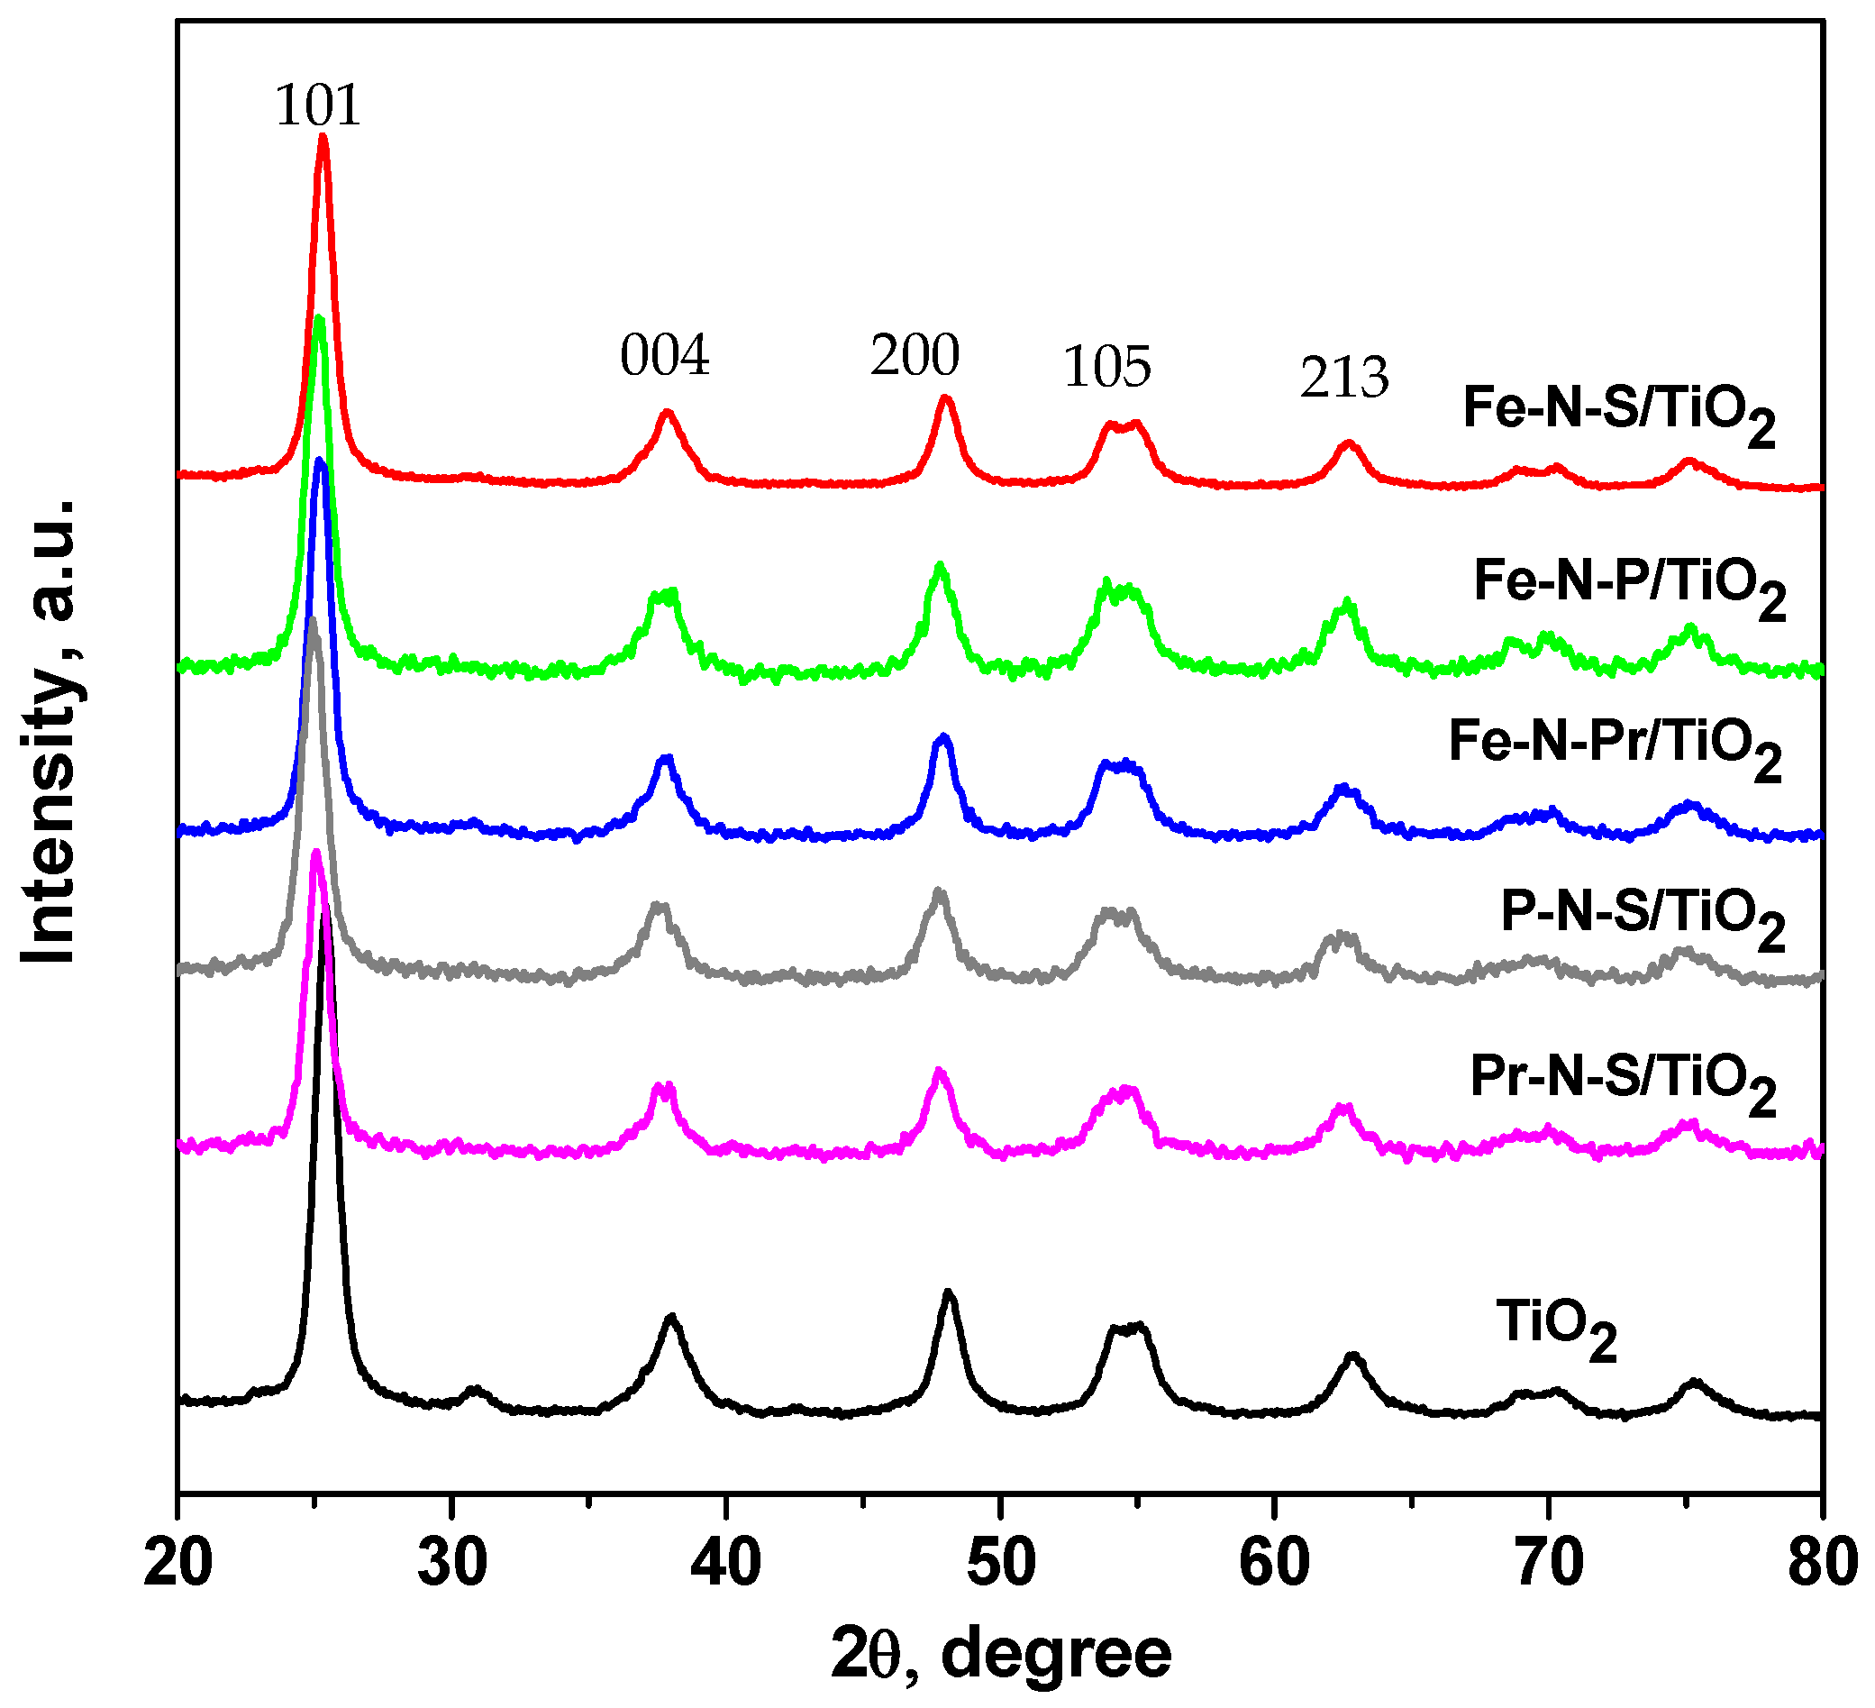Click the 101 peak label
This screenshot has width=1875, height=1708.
click(317, 105)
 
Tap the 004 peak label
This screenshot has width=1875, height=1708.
click(664, 355)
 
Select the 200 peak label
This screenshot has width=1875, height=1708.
click(915, 355)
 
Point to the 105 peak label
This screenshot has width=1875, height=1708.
click(1106, 367)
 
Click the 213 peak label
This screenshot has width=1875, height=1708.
click(1344, 378)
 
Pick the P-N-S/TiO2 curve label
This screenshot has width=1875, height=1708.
click(1643, 915)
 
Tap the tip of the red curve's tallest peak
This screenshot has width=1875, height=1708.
click(323, 137)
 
